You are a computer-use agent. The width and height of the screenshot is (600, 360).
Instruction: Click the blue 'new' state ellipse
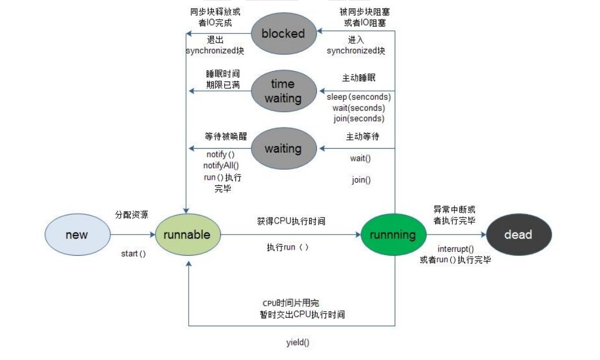(x=77, y=234)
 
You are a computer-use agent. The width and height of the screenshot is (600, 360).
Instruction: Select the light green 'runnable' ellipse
(x=188, y=234)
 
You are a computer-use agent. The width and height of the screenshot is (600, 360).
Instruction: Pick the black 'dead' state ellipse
(x=518, y=234)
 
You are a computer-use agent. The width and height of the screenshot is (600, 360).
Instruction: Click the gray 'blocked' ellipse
(x=283, y=33)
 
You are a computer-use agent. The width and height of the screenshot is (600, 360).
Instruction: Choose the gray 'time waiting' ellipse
(x=283, y=91)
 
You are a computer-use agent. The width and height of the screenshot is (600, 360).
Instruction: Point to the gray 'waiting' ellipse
(x=283, y=149)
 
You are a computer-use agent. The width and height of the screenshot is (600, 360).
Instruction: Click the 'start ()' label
(x=133, y=253)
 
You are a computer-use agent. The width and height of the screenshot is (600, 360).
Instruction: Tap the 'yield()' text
(x=298, y=342)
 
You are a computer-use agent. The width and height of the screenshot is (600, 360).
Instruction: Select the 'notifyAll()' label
(x=221, y=165)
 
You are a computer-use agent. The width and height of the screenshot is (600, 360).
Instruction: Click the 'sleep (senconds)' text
(x=359, y=97)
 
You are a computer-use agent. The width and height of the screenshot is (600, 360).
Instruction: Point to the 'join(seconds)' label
(x=359, y=118)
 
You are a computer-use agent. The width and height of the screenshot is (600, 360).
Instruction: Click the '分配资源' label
(x=132, y=215)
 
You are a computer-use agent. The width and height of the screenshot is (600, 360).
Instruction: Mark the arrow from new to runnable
(x=133, y=235)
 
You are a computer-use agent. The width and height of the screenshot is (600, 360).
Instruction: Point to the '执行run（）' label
(x=288, y=247)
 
